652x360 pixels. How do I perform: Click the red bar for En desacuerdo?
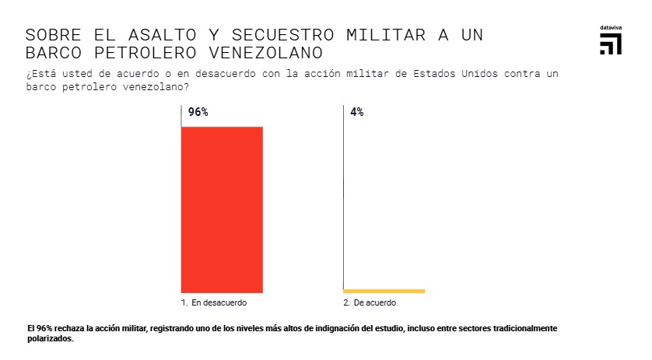pyautogui.click(x=222, y=208)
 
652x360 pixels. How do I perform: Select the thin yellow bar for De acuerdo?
pyautogui.click(x=384, y=291)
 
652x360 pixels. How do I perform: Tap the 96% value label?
pyautogui.click(x=198, y=112)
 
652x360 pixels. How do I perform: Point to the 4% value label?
pyautogui.click(x=357, y=112)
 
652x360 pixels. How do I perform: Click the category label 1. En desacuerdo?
pyautogui.click(x=214, y=302)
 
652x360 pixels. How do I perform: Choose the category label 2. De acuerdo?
pyautogui.click(x=370, y=302)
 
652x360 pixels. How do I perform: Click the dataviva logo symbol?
pyautogui.click(x=611, y=44)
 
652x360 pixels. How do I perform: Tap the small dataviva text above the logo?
pyautogui.click(x=611, y=27)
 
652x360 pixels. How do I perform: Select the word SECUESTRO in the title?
pyautogui.click(x=273, y=36)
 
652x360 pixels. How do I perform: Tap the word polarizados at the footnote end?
pyautogui.click(x=50, y=339)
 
